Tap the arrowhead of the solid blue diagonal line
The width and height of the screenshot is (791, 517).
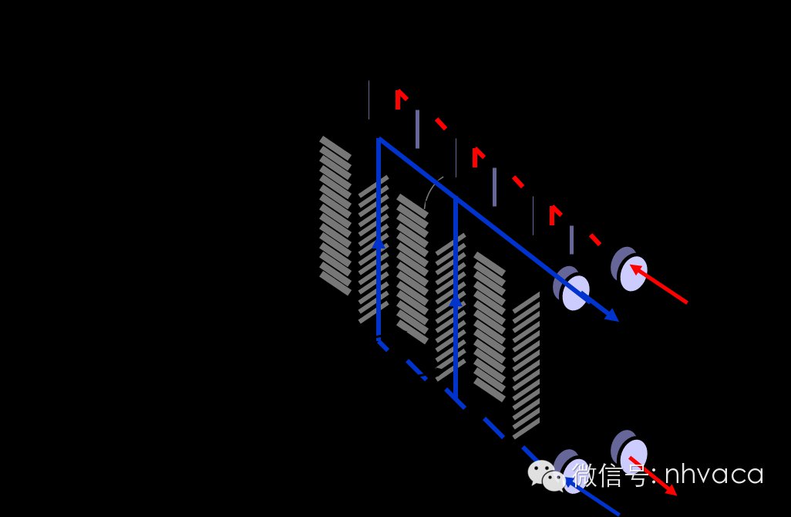[x=613, y=316]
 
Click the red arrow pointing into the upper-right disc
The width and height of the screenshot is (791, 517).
[x=659, y=286]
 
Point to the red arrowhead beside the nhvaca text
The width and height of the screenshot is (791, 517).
[x=672, y=490]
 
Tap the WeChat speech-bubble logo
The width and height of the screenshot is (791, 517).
[x=547, y=475]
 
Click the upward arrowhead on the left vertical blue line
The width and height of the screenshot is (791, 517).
[x=379, y=242]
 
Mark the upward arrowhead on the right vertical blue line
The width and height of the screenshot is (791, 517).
[x=456, y=299]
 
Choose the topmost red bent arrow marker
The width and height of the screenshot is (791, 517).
[x=400, y=99]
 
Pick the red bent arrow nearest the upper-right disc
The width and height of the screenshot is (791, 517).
[x=554, y=215]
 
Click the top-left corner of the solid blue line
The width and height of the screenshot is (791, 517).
[x=379, y=140]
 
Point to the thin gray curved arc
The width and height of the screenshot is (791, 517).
[x=432, y=189]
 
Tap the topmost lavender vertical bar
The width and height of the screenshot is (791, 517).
[x=417, y=129]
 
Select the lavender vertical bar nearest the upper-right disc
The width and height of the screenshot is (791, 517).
[x=571, y=239]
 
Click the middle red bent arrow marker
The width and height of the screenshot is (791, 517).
[x=477, y=157]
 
